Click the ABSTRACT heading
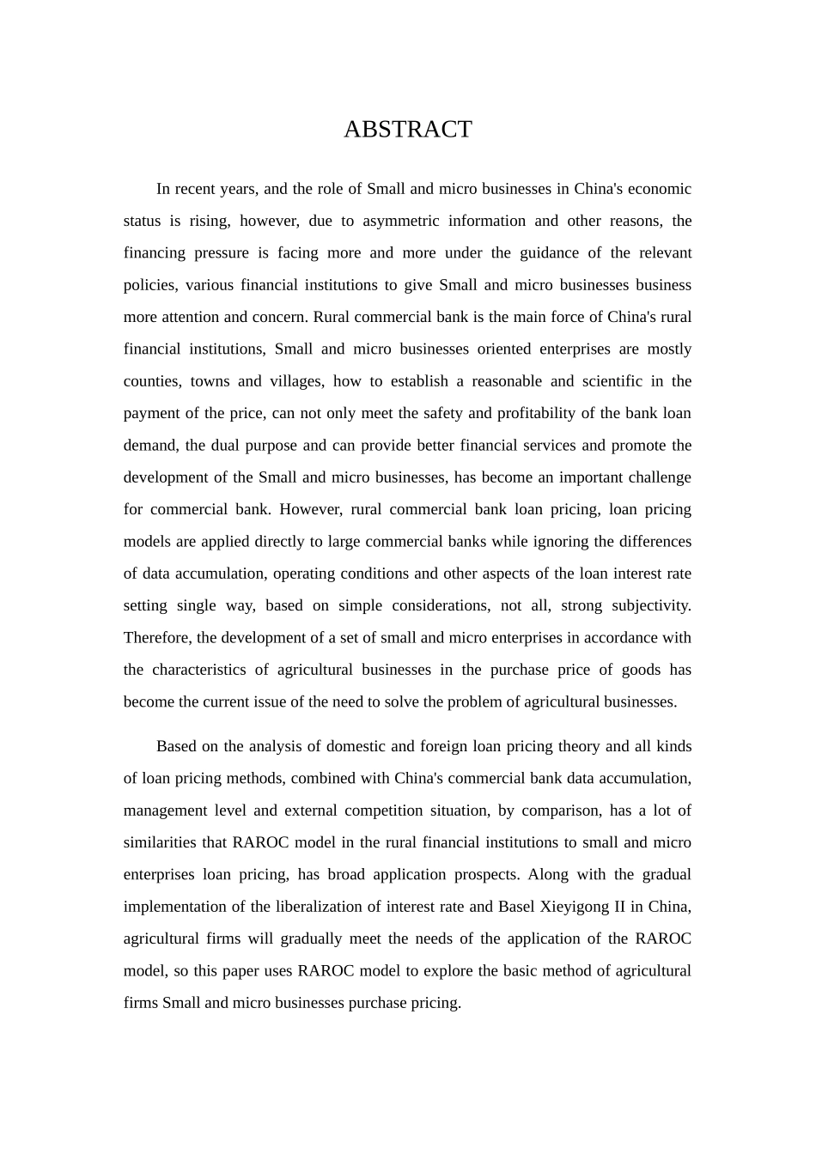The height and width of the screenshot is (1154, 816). click(407, 129)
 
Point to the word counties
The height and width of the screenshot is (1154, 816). click(150, 381)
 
